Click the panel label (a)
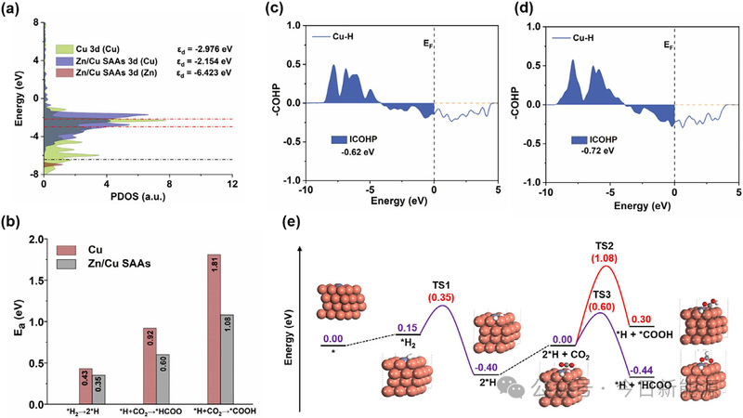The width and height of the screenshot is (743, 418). (11, 9)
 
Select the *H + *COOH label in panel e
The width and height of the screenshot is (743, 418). (642, 333)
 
